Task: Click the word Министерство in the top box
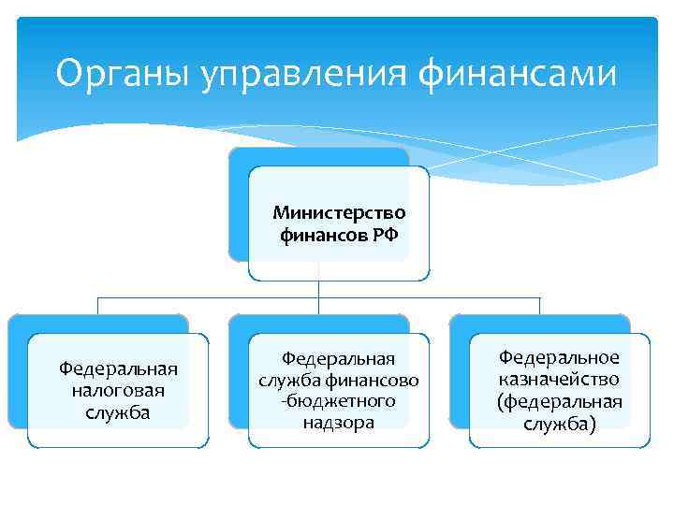point(339,212)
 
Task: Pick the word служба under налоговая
point(118,411)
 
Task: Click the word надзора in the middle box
point(339,422)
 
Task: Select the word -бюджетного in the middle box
point(339,400)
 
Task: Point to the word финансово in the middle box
point(374,380)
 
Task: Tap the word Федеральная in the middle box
point(339,359)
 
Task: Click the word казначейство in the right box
point(559,380)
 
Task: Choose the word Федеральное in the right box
point(559,358)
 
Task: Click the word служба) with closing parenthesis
point(559,423)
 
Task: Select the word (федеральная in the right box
point(559,401)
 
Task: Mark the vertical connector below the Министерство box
point(319,289)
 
